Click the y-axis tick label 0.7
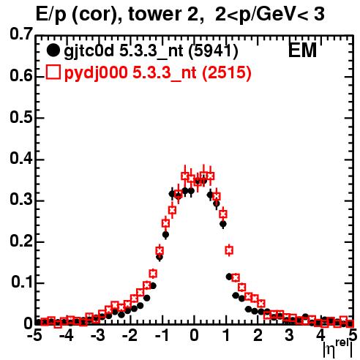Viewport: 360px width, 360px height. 21,34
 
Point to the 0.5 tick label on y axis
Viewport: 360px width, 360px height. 21,117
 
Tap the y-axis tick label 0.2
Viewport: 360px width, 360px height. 21,241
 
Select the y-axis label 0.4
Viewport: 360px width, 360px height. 21,159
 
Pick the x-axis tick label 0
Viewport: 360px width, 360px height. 194,336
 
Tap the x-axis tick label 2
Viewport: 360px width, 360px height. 258,336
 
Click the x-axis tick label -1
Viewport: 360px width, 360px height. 162,336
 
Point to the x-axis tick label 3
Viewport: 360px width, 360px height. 289,336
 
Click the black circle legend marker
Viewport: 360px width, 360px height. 53,50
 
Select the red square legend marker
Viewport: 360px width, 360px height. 53,72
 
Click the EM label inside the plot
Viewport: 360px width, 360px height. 302,50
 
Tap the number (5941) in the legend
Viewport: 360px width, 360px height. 213,51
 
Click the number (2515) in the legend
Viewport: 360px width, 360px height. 227,72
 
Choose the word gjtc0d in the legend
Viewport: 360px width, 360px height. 89,52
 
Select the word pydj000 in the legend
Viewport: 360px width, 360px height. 96,73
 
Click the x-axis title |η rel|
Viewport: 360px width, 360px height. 338,349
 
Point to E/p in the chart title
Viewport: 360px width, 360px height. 51,15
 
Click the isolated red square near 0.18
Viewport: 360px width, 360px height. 229,250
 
